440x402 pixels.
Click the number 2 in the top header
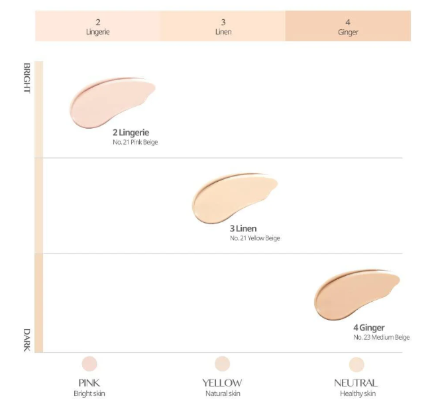[x=97, y=21]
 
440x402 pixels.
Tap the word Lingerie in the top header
[x=97, y=31]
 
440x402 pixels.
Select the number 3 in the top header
[x=223, y=21]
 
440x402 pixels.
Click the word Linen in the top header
[x=223, y=31]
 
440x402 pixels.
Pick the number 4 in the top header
[x=348, y=21]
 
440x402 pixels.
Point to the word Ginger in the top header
[x=348, y=31]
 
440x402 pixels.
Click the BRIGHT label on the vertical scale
[x=27, y=78]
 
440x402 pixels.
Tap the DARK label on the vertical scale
[x=27, y=339]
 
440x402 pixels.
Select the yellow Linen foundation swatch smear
[x=232, y=196]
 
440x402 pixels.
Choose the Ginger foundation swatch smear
[x=355, y=293]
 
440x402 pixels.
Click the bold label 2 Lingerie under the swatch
[x=131, y=133]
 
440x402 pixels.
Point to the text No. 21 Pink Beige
[x=135, y=142]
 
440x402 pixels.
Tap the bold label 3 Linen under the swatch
[x=243, y=229]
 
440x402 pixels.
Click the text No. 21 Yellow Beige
[x=255, y=238]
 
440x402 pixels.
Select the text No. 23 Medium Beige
[x=382, y=337]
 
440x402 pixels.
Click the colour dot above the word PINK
[x=89, y=364]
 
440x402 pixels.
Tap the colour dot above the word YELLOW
[x=222, y=364]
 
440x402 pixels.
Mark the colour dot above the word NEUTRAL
[x=357, y=364]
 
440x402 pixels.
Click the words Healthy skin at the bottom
[x=357, y=393]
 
